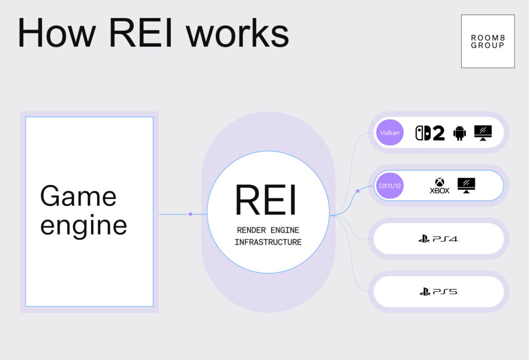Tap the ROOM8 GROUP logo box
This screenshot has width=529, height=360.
488,41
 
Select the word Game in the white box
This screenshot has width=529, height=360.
79,196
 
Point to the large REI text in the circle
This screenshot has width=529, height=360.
266,200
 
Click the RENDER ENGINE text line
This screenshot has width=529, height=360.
268,230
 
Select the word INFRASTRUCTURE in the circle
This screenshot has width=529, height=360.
268,242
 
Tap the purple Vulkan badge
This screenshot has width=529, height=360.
390,133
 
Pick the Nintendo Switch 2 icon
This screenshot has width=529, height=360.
430,133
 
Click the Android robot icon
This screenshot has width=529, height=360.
459,133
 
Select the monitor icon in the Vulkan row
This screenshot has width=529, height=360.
483,133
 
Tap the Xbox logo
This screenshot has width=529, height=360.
440,185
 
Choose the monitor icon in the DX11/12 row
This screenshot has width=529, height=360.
466,185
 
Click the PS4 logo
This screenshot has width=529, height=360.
439,239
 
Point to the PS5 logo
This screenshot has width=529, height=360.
439,292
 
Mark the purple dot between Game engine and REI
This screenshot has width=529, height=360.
191,214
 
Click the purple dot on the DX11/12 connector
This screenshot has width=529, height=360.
357,191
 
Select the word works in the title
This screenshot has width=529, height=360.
238,34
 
